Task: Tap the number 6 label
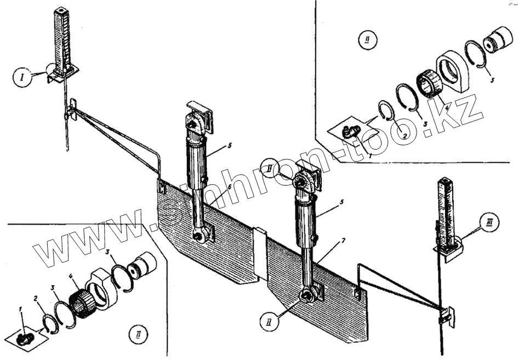[214, 187]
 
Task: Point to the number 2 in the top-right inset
[403, 135]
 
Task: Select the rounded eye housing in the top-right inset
[456, 70]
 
